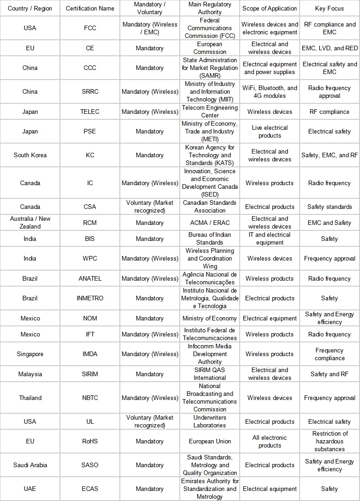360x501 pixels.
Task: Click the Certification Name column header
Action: [x=90, y=8]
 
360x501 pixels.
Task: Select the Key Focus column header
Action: [x=329, y=8]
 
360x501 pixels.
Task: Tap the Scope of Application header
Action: [x=269, y=8]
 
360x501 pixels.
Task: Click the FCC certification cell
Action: [x=90, y=28]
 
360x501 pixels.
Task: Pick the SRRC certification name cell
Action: [x=90, y=91]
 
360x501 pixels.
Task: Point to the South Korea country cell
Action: [x=30, y=155]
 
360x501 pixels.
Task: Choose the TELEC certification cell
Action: [x=90, y=112]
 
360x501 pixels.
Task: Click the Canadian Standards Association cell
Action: [x=210, y=207]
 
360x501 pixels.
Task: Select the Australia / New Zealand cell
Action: [x=30, y=223]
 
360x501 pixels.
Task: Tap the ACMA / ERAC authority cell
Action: [x=210, y=223]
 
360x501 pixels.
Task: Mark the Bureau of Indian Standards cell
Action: [x=210, y=239]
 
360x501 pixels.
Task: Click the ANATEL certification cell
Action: [x=90, y=278]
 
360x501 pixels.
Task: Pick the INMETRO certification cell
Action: [x=90, y=298]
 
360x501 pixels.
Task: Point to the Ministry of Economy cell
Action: [x=210, y=318]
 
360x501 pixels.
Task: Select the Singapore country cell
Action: [x=30, y=354]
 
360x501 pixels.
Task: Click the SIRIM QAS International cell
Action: [x=210, y=374]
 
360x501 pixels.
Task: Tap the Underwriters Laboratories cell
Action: [x=210, y=421]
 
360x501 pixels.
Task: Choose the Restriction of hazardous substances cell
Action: [x=329, y=441]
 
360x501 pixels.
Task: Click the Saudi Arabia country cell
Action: [x=30, y=465]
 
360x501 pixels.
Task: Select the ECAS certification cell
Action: [x=90, y=489]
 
